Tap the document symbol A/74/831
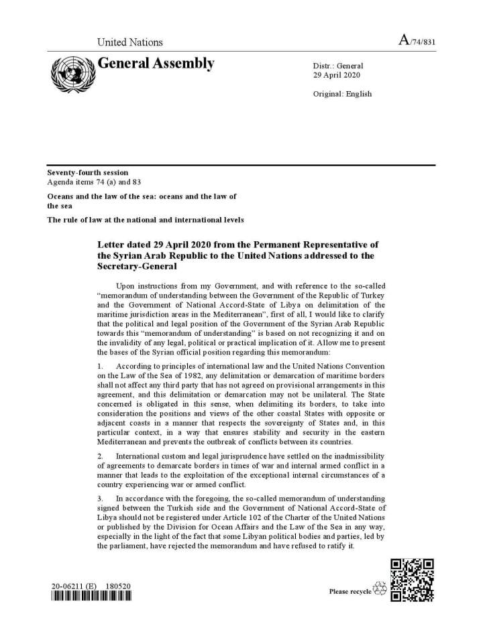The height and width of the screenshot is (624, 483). [x=417, y=42]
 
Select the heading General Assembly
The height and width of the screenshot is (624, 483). [x=156, y=64]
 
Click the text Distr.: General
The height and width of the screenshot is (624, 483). [x=338, y=66]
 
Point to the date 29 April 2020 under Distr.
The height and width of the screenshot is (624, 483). [x=338, y=76]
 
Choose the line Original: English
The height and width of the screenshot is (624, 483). [x=342, y=94]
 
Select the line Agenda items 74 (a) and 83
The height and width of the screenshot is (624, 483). [x=94, y=182]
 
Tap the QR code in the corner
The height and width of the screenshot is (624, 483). [x=412, y=580]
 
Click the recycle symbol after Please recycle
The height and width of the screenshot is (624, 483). [x=380, y=590]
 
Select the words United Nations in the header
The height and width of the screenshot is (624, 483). [x=130, y=42]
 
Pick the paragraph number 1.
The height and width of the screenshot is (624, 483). [x=100, y=366]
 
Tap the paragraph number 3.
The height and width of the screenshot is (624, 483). [x=100, y=499]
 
